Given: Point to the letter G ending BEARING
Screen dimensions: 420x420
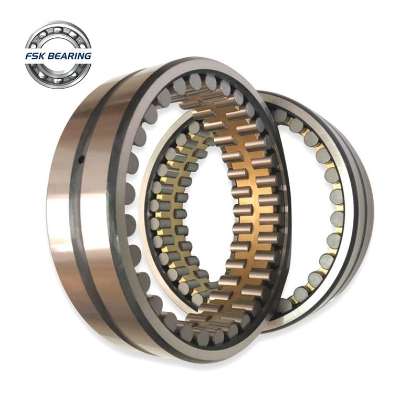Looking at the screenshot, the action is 88,56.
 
